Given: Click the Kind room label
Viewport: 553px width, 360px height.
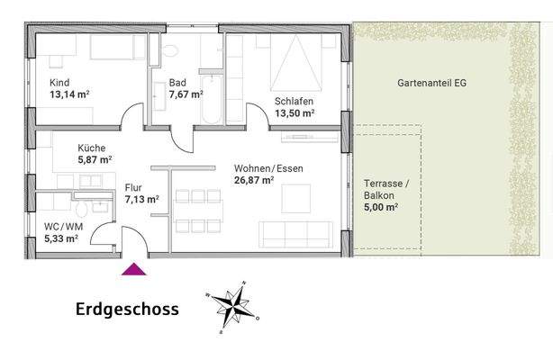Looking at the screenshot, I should [x=59, y=81].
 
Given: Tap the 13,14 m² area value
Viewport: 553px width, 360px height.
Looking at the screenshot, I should [x=69, y=93].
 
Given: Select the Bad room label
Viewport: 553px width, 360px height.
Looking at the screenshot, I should [x=177, y=82].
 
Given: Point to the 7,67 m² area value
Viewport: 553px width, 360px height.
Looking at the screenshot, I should [x=186, y=93].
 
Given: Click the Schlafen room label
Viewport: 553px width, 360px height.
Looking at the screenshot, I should [x=295, y=102].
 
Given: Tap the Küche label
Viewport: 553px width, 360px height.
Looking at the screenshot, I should [x=92, y=148].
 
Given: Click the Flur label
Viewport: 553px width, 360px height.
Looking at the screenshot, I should [x=133, y=188].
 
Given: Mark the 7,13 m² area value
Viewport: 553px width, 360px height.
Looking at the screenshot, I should [x=141, y=200].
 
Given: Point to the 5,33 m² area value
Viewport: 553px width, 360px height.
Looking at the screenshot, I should [x=60, y=238].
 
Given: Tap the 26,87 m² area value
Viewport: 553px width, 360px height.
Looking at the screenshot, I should [x=253, y=180].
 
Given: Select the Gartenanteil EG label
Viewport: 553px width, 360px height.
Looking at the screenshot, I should [x=431, y=82].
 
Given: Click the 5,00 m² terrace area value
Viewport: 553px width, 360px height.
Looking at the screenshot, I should [x=381, y=207].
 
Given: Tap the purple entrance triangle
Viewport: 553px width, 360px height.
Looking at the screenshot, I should [x=133, y=266].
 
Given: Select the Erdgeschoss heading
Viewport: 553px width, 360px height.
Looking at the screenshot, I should [x=127, y=310].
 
